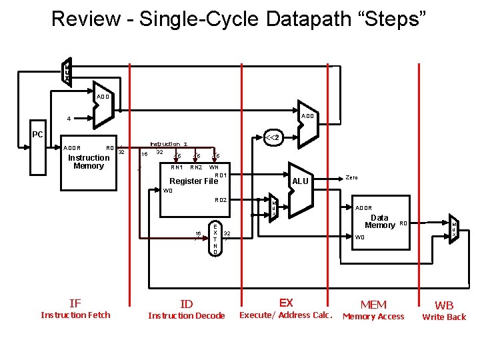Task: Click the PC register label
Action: tap(37, 135)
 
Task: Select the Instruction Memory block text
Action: tap(89, 162)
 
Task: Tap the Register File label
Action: tap(194, 181)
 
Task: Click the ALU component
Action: tap(301, 181)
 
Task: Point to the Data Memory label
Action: tap(379, 221)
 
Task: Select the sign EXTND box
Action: tap(215, 239)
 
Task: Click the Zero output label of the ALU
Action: tap(352, 177)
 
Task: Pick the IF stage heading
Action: tap(75, 303)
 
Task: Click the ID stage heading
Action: tap(187, 304)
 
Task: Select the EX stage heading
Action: tap(286, 303)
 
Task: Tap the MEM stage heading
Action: tap(373, 305)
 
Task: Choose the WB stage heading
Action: tap(444, 305)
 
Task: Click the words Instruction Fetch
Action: tap(75, 315)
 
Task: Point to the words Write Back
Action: tap(444, 317)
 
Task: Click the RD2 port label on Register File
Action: tap(221, 200)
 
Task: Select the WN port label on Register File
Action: tap(215, 168)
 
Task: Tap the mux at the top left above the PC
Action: tap(67, 71)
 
